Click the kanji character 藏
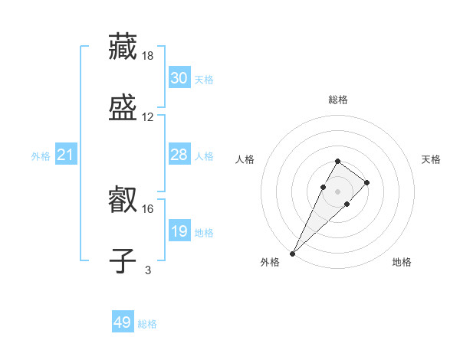[123, 46]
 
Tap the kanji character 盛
[123, 108]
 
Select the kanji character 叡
[123, 201]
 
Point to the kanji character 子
[123, 260]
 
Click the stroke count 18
[149, 56]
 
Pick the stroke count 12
[148, 117]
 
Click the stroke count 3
[148, 270]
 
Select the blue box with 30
[179, 78]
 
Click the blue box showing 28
[179, 155]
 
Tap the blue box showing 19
[179, 231]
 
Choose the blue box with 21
[66, 155]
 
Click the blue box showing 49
[123, 322]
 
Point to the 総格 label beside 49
[147, 324]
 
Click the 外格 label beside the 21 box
[41, 156]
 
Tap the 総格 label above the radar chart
[337, 100]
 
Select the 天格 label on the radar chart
[431, 159]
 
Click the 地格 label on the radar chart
[402, 262]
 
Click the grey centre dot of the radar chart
[337, 190]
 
